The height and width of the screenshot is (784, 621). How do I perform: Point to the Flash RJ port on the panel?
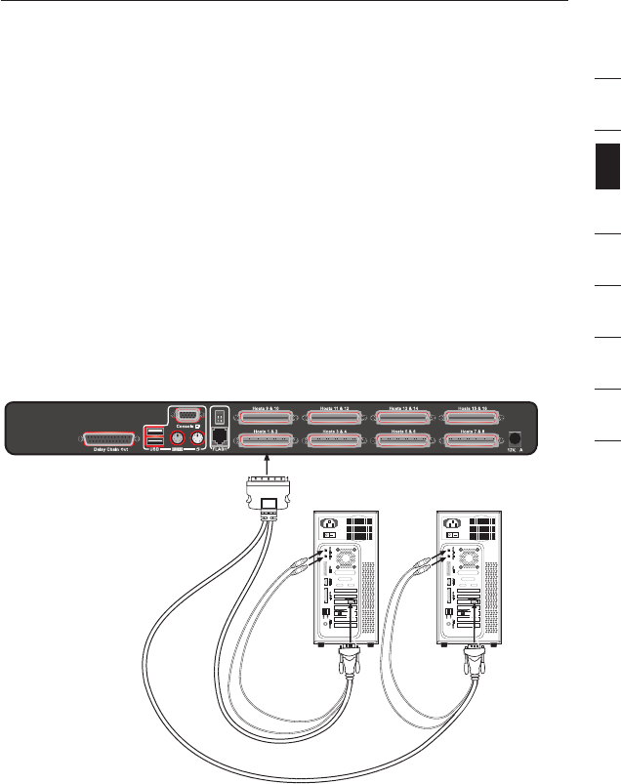point(221,437)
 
